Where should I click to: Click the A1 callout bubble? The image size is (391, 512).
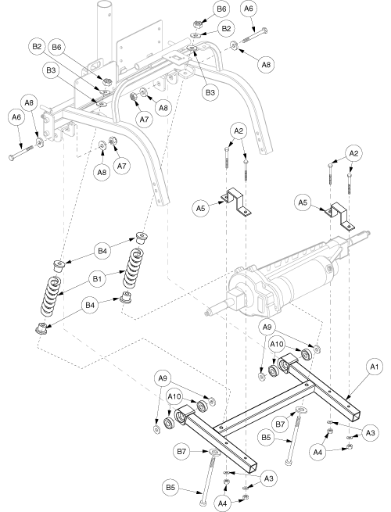point(375,367)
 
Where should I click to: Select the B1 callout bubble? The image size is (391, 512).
point(97,279)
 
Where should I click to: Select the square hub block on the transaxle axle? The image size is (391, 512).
point(236,299)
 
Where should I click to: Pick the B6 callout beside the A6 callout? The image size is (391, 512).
point(221,9)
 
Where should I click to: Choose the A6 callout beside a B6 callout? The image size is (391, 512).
point(249,9)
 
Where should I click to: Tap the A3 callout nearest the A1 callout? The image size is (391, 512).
point(370,433)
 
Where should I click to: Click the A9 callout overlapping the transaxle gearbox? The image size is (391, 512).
point(267,328)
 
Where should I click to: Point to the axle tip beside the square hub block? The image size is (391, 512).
point(206,314)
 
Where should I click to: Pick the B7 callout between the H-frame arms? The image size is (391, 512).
point(280,424)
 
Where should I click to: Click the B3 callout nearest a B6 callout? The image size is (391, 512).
point(51,70)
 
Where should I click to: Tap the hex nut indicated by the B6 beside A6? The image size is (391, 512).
point(197,23)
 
